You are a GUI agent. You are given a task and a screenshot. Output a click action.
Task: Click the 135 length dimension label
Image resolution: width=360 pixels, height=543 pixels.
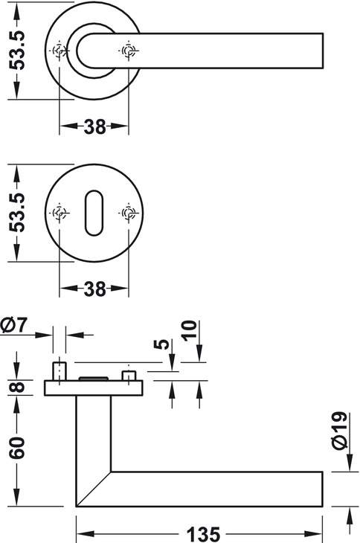coord(203,533)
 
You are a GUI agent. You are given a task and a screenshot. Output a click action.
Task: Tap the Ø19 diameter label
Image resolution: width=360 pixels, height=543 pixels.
coord(339,431)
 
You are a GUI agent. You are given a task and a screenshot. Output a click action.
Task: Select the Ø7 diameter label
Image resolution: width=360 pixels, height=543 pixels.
coord(14,325)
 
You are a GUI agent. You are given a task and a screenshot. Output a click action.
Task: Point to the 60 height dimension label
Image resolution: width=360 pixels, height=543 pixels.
coord(17,448)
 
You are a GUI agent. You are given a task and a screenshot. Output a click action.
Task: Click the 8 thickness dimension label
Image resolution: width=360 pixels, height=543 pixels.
coord(17,387)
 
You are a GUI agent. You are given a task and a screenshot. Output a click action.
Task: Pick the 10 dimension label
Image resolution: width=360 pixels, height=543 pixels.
coord(189,331)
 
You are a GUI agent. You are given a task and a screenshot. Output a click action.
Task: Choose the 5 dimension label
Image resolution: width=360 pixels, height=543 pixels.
coord(161,344)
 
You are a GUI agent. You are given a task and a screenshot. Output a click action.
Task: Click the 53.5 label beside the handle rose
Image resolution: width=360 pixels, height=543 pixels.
coord(17,51)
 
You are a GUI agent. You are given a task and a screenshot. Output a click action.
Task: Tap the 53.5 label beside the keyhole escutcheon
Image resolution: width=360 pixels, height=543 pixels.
coord(17,212)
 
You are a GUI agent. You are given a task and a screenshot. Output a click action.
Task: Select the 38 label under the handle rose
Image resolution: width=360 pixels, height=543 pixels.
coord(94,126)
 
